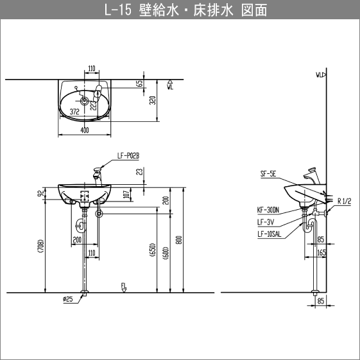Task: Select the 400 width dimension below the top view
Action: point(85,131)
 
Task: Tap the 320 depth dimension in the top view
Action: point(151,100)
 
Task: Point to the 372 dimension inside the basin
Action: point(74,111)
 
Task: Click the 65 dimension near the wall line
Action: point(139,84)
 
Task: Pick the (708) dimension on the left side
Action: point(40,246)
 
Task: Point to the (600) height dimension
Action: point(165,251)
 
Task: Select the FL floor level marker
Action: point(123,286)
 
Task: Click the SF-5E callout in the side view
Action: point(268,173)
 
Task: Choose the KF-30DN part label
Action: point(268,209)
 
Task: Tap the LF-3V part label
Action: point(264,221)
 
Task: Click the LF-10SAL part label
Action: point(269,234)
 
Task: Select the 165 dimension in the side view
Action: point(321,253)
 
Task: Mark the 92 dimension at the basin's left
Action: point(40,193)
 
